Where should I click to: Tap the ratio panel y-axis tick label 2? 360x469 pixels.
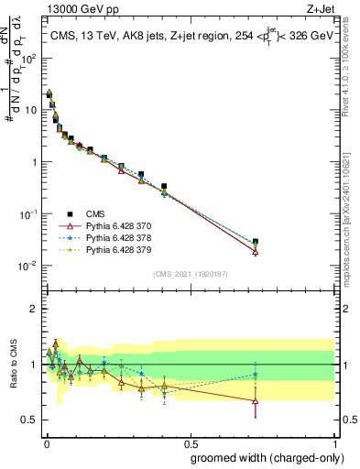[x=35, y=309]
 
